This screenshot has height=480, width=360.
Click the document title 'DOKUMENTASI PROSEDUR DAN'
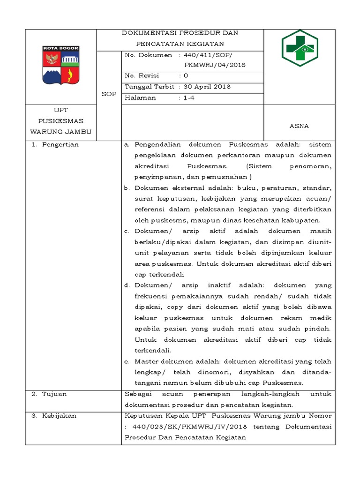180,33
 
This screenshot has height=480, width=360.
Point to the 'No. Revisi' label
142,75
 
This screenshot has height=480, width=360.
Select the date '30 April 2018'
207,87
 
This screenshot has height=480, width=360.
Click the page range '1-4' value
188,98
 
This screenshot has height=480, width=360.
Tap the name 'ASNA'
299,126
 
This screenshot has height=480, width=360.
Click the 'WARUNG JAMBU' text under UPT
60,131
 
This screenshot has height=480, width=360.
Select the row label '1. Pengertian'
55,144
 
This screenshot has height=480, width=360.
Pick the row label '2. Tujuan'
49,394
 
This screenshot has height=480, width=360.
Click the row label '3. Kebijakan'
54,416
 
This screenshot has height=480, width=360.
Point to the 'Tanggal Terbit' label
150,87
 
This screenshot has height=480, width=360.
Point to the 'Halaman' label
141,98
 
